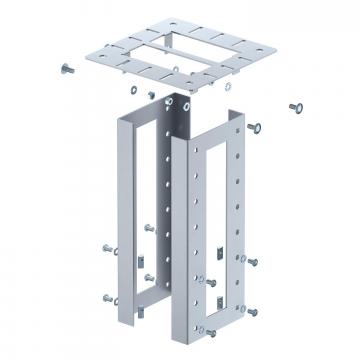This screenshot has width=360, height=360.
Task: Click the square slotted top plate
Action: click(175, 50)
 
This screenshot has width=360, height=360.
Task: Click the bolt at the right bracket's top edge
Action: click(256, 127)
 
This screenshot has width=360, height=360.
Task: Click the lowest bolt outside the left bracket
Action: click(108, 298)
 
